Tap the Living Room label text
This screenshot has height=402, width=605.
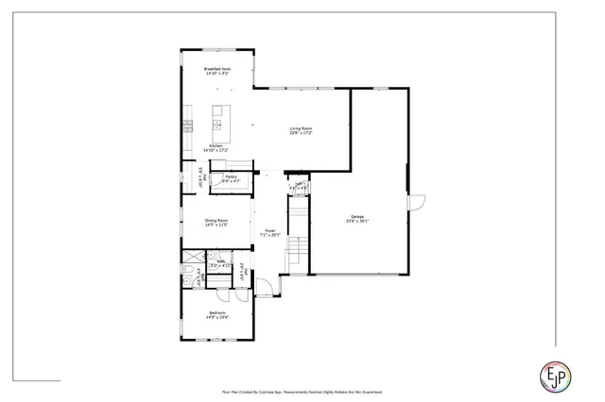point(301,128)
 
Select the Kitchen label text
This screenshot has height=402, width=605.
point(216,145)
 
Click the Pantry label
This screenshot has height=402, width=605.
point(231,176)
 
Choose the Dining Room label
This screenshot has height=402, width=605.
point(216,220)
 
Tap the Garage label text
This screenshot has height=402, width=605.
point(357,216)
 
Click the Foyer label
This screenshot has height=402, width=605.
point(270,230)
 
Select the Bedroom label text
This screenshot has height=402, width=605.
point(216,312)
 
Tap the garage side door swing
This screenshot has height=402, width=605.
point(417,203)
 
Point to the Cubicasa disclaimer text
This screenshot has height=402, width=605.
point(302,390)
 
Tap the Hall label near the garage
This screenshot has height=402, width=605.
point(299,184)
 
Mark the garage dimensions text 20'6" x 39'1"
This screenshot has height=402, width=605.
point(357,222)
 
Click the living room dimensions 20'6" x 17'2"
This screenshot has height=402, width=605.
point(301,133)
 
